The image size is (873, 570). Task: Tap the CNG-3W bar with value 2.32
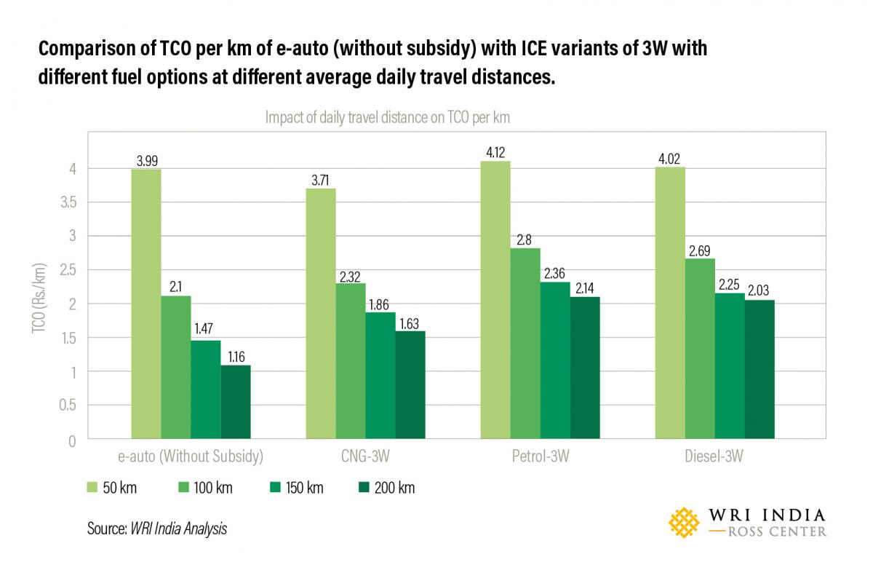point(350,362)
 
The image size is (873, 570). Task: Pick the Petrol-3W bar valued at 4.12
point(495,300)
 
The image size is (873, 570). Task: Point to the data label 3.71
point(321,180)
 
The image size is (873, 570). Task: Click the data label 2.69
point(700,250)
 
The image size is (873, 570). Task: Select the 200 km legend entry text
point(396,488)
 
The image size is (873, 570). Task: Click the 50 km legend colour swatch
point(94,488)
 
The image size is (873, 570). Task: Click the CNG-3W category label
point(365,458)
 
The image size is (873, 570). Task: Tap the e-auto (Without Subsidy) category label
point(190,458)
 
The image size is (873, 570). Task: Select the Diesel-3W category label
point(714,458)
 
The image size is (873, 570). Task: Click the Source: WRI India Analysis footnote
point(156,529)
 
